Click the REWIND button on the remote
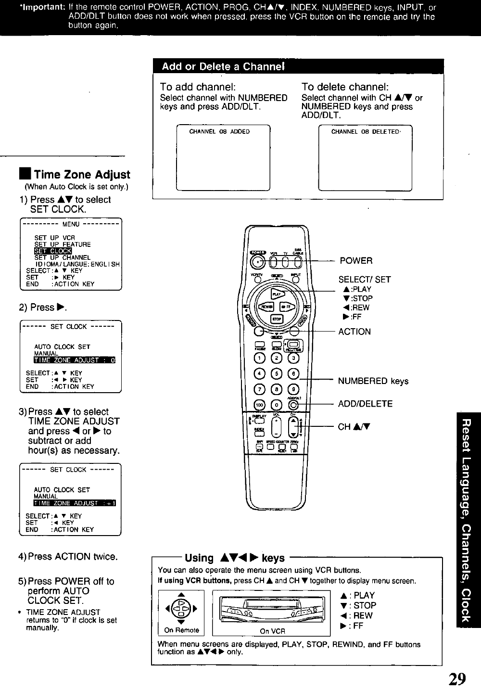(266, 307)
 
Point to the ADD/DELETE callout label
(365, 404)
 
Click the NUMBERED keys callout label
(373, 381)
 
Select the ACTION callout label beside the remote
(354, 332)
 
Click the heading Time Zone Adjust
(82, 175)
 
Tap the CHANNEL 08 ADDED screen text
(219, 131)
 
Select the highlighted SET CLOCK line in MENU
(53, 251)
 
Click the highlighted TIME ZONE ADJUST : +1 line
(75, 503)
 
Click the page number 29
(457, 678)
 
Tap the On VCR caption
(273, 631)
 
